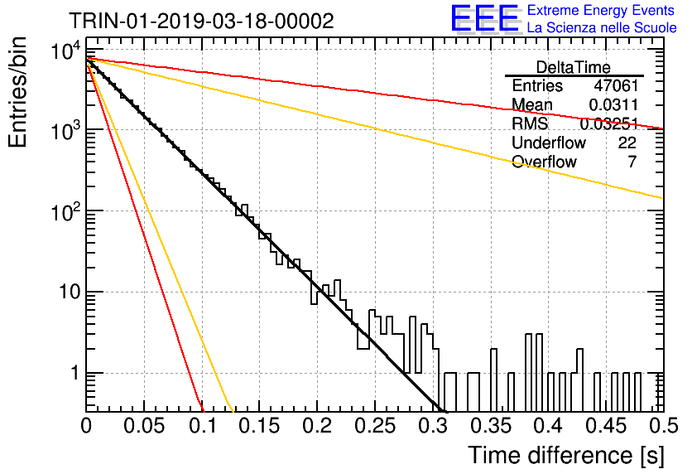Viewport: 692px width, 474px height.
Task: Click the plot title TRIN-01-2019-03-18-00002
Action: click(201, 21)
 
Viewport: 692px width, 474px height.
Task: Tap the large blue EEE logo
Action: click(485, 18)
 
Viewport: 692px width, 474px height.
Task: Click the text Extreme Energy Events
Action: click(601, 10)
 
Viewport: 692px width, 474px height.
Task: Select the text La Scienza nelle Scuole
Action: click(602, 27)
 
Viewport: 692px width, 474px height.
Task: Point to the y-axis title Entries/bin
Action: click(17, 92)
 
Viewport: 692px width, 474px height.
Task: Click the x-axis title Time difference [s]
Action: click(566, 455)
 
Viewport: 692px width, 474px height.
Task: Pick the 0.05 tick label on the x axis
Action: click(144, 426)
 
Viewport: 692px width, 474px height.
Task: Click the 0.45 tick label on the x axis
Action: click(606, 426)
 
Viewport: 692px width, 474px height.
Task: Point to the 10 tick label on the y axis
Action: click(70, 292)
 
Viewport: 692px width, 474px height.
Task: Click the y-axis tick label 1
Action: click(75, 373)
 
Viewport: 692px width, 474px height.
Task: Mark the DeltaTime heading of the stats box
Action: click(574, 67)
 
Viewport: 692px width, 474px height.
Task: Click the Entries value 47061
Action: click(616, 85)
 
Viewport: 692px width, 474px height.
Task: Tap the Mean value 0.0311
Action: click(613, 104)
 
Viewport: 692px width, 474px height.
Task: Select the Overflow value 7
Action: click(632, 162)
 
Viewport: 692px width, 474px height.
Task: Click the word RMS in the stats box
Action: click(530, 123)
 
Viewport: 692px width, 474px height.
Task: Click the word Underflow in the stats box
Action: click(549, 143)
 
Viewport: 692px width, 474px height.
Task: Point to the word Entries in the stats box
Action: click(537, 85)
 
